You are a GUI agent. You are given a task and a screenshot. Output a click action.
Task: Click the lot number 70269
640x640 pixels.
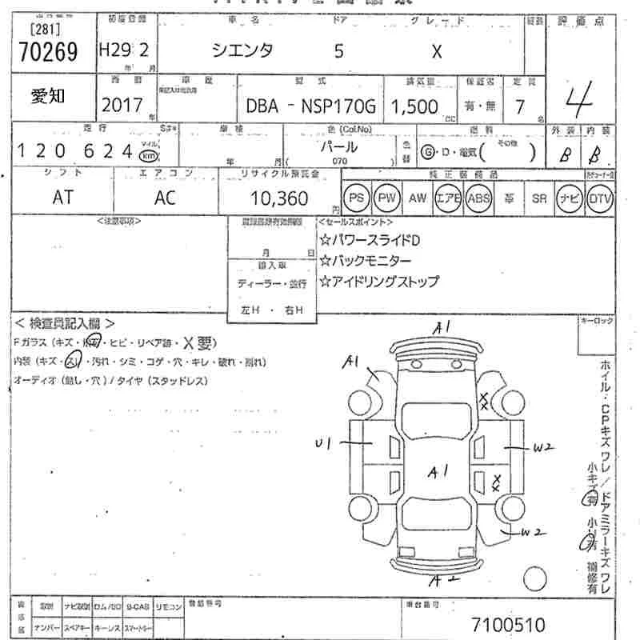tap(48, 52)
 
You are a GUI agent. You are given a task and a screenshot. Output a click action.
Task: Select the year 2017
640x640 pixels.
tap(122, 105)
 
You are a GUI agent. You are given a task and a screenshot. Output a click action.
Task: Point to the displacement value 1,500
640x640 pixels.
tap(414, 106)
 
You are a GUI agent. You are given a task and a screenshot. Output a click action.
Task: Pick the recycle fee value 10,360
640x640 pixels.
tap(279, 198)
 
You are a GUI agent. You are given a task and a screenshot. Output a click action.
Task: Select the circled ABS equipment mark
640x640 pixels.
tap(478, 198)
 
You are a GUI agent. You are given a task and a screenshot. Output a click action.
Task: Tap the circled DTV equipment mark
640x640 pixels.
tap(600, 198)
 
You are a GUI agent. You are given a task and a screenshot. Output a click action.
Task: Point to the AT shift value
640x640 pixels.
tap(62, 198)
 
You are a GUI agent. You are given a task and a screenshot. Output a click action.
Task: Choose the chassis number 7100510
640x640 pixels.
tap(508, 622)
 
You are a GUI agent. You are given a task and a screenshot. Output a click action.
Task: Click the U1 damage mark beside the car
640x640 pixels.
tap(323, 441)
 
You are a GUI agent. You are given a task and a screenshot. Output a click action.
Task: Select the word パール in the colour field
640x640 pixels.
tap(338, 147)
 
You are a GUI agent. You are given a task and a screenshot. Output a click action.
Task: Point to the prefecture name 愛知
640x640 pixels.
tap(48, 97)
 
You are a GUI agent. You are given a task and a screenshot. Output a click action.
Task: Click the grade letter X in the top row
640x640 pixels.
tap(436, 52)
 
